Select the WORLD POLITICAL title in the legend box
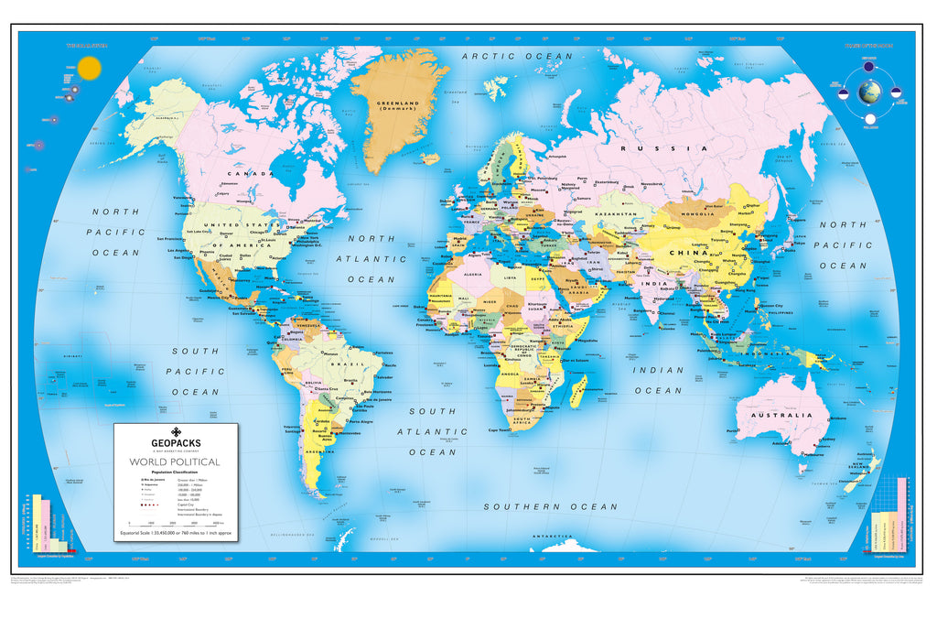pos(175,462)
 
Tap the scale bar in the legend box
pos(174,523)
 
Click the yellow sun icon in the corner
pos(89,68)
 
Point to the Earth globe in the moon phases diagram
pos(869,92)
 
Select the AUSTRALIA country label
pos(781,415)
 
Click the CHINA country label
pos(686,253)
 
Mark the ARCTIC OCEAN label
pos(518,57)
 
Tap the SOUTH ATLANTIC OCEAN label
pos(432,431)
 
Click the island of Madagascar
pos(578,393)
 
